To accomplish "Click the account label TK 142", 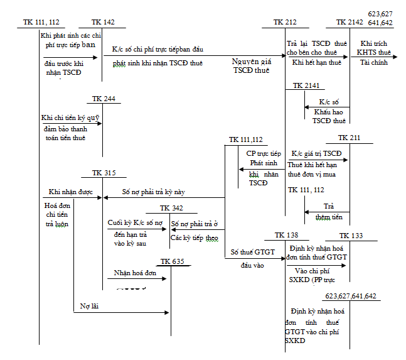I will point(103,23).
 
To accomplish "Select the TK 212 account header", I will point(285,23).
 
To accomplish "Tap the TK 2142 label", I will point(350,23).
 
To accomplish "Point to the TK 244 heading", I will point(103,100).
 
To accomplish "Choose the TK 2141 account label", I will point(304,85).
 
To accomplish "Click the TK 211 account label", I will point(350,138).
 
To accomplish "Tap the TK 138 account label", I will point(286,235).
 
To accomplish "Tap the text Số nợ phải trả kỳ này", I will point(153,192).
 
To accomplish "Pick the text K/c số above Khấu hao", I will point(329,101).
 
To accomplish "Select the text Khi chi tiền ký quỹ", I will point(70,117).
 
